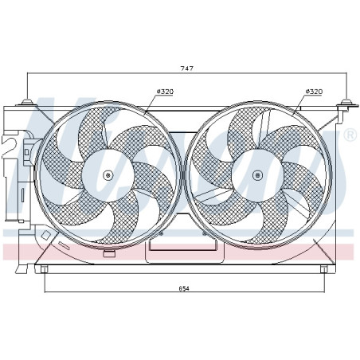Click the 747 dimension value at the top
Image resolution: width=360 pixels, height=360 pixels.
pyautogui.click(x=186, y=69)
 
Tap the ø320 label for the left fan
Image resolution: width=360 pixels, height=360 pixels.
pyautogui.click(x=166, y=92)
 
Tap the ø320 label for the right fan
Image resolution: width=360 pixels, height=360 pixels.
pyautogui.click(x=314, y=92)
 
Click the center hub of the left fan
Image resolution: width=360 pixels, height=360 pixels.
pyautogui.click(x=108, y=174)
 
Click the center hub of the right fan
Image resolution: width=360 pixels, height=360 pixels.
pyautogui.click(x=256, y=174)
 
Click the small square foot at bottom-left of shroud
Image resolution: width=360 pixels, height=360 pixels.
pyautogui.click(x=44, y=269)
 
